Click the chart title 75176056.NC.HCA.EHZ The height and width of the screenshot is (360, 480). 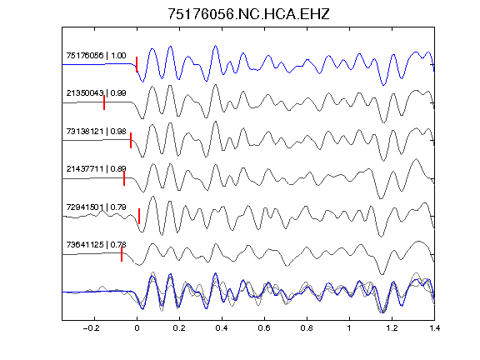248,14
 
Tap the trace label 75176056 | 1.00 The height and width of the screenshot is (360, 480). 96,55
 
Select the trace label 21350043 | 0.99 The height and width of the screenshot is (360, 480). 96,92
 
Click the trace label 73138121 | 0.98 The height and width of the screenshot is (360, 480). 96,132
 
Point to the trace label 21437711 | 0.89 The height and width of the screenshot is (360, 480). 96,168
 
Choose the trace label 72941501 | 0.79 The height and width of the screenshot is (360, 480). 96,207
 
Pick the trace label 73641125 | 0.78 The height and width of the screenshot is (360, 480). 96,245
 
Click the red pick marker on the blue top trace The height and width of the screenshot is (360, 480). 137,64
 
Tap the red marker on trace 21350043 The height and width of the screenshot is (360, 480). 104,102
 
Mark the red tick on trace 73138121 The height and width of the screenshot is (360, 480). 131,140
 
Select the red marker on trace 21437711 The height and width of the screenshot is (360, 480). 124,178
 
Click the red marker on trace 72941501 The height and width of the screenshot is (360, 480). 139,216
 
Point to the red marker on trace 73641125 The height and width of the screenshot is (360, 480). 122,254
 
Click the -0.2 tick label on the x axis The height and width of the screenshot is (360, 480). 92,328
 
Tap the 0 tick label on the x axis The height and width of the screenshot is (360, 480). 137,328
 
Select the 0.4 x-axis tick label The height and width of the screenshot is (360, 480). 222,328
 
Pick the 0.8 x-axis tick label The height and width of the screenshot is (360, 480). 307,328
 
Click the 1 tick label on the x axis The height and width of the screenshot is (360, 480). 349,328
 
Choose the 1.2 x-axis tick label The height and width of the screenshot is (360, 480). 392,328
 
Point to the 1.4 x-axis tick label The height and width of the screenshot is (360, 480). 434,328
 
